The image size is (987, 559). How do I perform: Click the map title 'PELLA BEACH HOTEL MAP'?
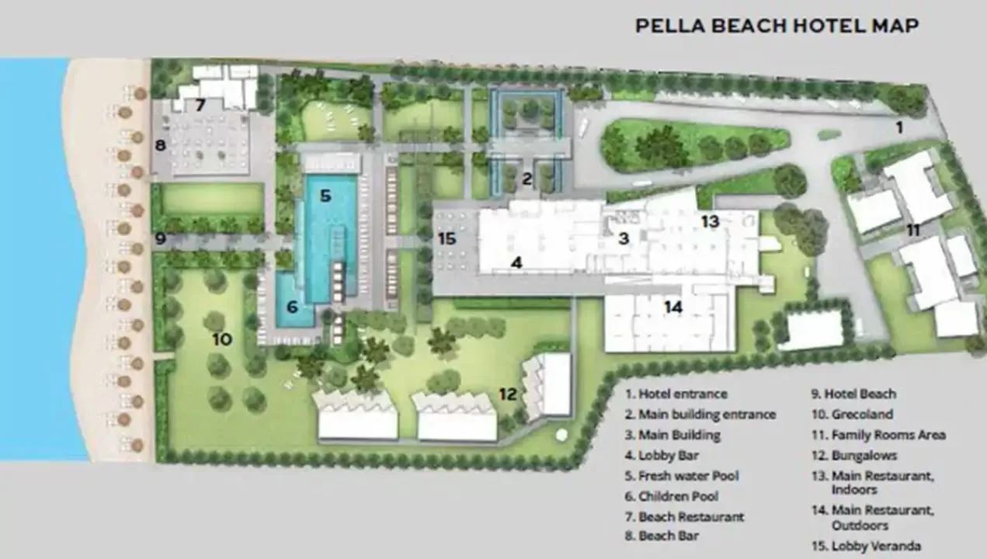777,26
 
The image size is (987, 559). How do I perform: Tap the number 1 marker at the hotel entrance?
899,128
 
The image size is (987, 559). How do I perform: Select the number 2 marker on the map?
527,179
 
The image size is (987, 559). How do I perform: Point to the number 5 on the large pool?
325,196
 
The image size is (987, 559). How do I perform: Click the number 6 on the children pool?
292,307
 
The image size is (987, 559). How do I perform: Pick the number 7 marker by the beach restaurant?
200,105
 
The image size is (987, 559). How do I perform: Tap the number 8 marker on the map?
161,144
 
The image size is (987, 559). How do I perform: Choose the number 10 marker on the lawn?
222,339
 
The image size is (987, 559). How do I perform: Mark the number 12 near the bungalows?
508,394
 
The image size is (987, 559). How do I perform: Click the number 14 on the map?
673,307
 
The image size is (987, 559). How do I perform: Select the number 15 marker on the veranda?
447,239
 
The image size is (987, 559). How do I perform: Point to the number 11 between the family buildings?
913,230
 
